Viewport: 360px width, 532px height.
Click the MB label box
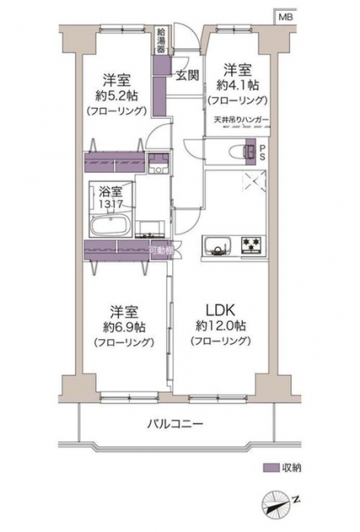pos(286,17)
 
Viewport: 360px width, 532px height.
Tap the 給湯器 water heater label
pos(160,41)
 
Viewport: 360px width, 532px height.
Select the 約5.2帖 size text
pos(116,96)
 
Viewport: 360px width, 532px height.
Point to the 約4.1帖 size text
pos(238,86)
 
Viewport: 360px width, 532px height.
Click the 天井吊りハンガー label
pos(241,120)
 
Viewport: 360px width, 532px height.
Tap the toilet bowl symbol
pos(240,150)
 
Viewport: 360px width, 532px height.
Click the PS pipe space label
pos(263,153)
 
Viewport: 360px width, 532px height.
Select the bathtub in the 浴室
pos(111,225)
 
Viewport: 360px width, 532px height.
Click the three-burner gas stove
pos(253,245)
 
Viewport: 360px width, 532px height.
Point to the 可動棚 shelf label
pos(161,251)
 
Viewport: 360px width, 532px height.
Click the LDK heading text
pos(220,310)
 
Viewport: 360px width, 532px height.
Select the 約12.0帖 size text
pos(220,326)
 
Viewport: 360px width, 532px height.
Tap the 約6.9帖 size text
pos(124,327)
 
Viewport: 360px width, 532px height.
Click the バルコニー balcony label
pos(175,424)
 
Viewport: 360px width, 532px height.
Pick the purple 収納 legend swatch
pos(271,468)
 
